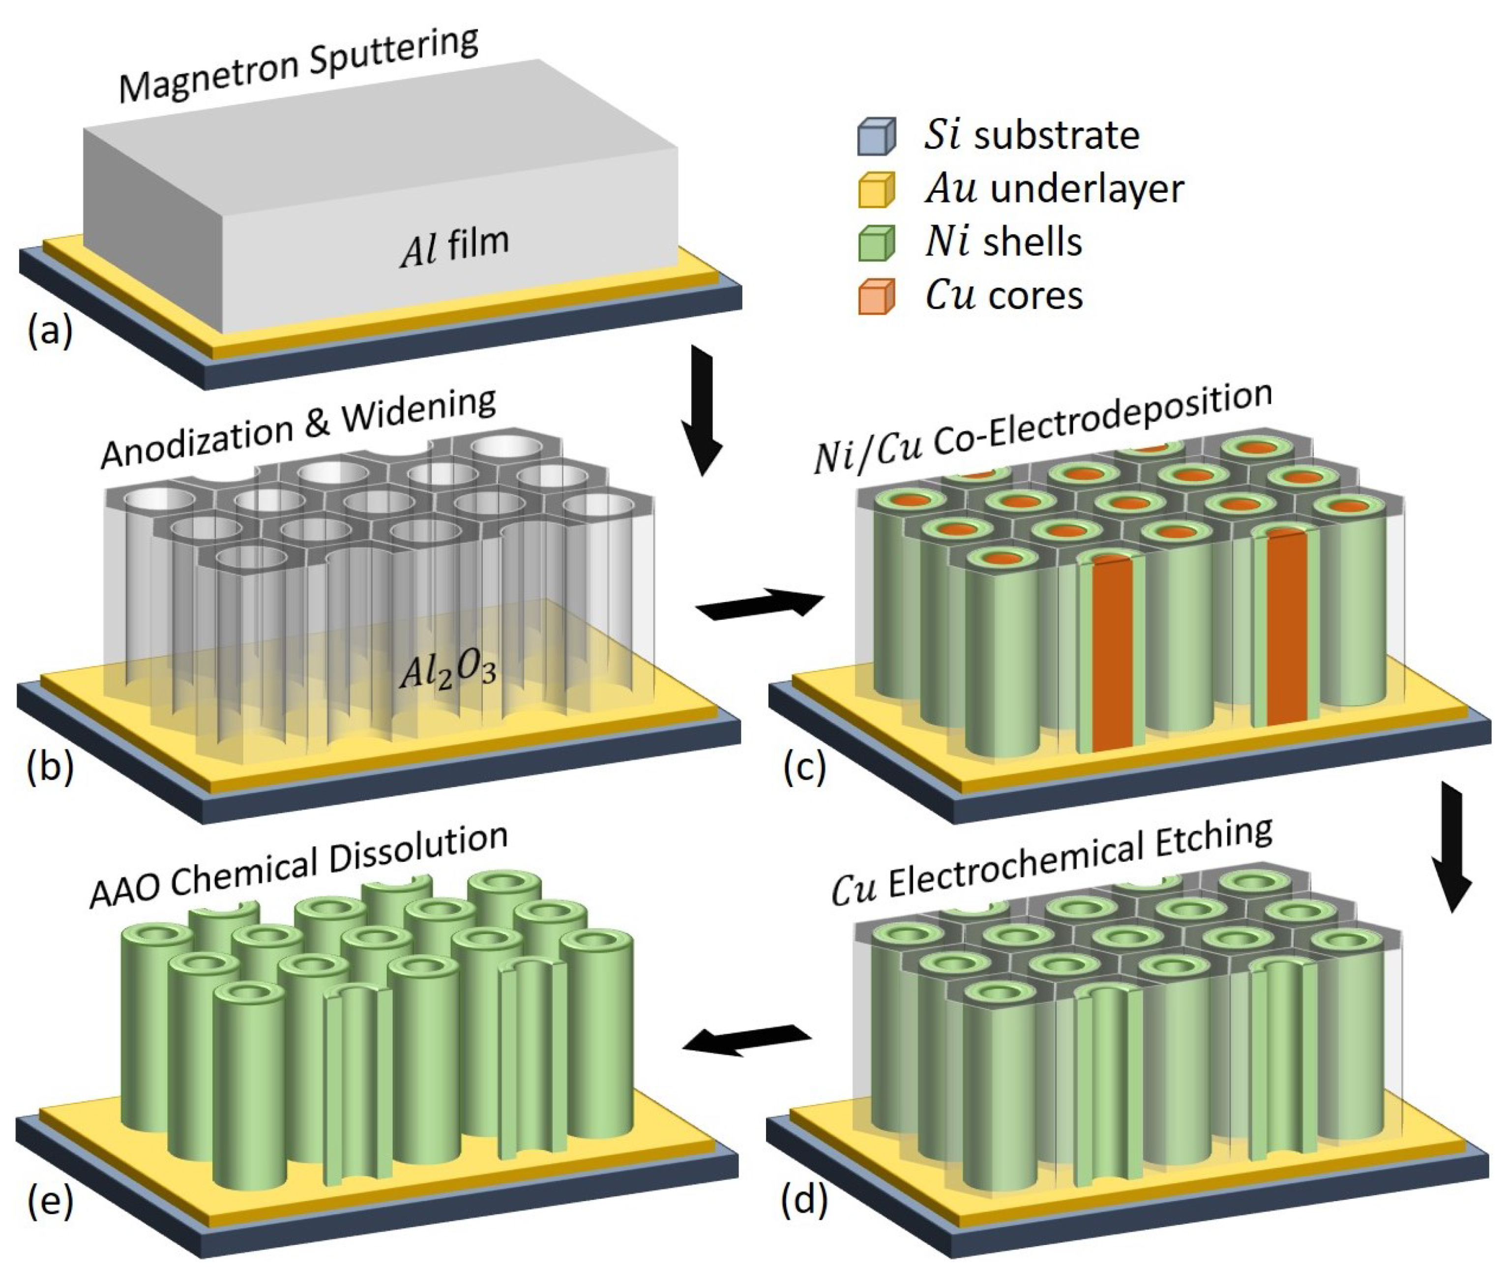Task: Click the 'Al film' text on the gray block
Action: tap(454, 247)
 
